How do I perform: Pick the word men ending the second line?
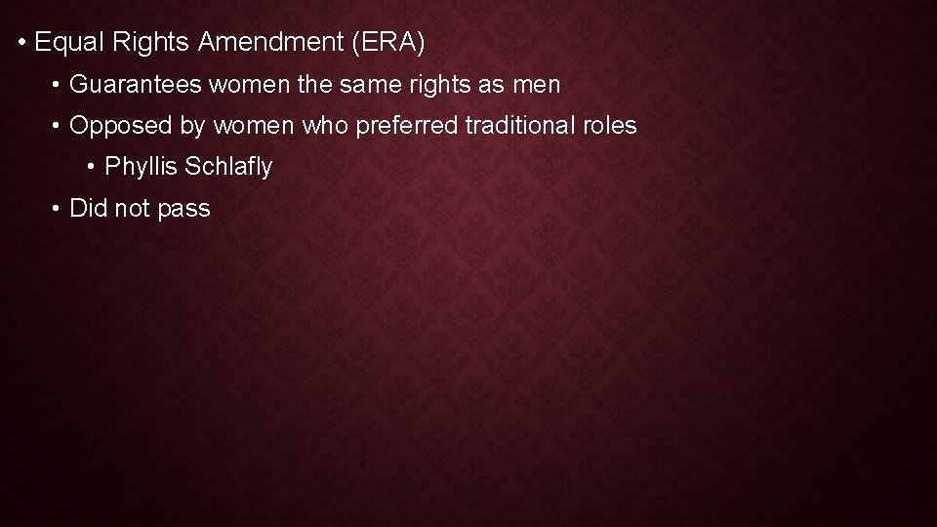pos(536,85)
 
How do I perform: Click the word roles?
pos(610,126)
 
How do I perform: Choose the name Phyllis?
pos(140,167)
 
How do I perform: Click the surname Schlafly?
pos(228,167)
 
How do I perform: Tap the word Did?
pos(88,208)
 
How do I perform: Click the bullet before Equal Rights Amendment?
pos(20,44)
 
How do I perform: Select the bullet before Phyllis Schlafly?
pos(91,168)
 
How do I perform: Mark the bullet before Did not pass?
pos(59,209)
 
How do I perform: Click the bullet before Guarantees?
pos(59,86)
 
